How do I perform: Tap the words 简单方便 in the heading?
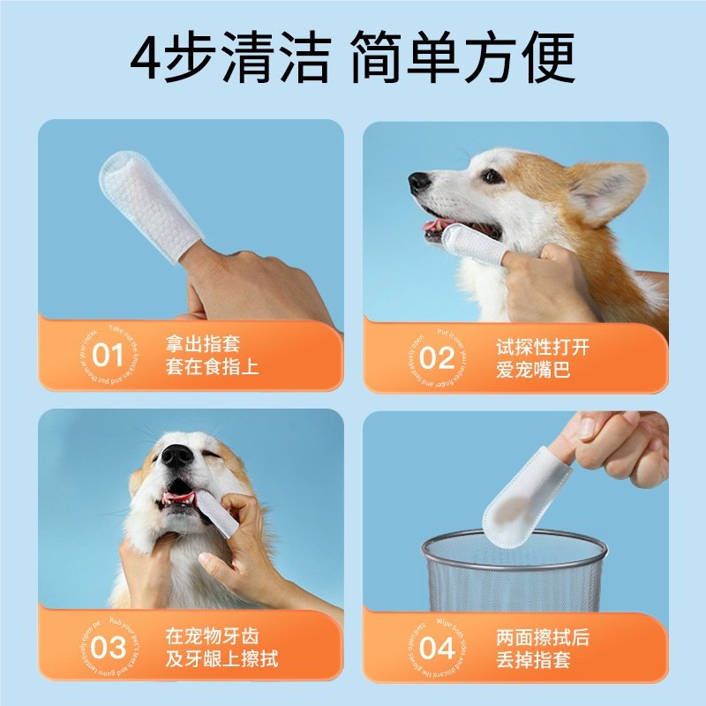coord(462,60)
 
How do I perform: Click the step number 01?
coord(108,357)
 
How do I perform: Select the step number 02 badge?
coord(436,358)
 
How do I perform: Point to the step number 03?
coord(108,648)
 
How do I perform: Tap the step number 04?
coord(436,649)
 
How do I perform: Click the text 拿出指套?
coord(203,344)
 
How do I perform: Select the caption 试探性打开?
coord(542,347)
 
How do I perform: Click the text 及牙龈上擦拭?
coord(222,658)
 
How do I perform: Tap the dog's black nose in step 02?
coord(419,183)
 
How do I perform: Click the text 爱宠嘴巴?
coord(532,370)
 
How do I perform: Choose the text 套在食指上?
coord(213,367)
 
